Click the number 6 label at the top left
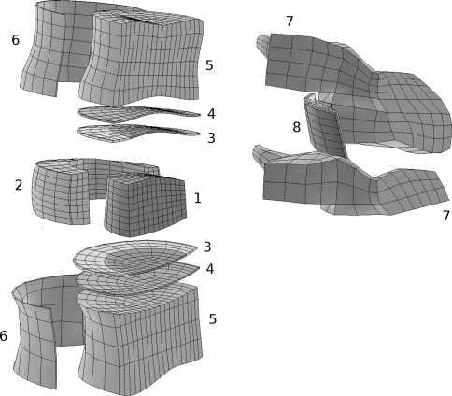pyautogui.click(x=16, y=40)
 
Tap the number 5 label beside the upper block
pyautogui.click(x=209, y=65)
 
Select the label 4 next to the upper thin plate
pyautogui.click(x=211, y=114)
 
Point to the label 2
pyautogui.click(x=19, y=185)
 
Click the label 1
pyautogui.click(x=198, y=198)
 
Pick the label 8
pyautogui.click(x=297, y=127)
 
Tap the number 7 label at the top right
pyautogui.click(x=290, y=21)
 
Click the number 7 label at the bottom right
pyautogui.click(x=446, y=216)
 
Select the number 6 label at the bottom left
pyautogui.click(x=3, y=336)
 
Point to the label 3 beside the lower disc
pyautogui.click(x=207, y=247)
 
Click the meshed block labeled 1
pyautogui.click(x=145, y=204)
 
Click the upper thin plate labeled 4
pyautogui.click(x=137, y=113)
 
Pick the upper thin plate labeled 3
pyautogui.click(x=137, y=133)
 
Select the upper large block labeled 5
pyautogui.click(x=140, y=59)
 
